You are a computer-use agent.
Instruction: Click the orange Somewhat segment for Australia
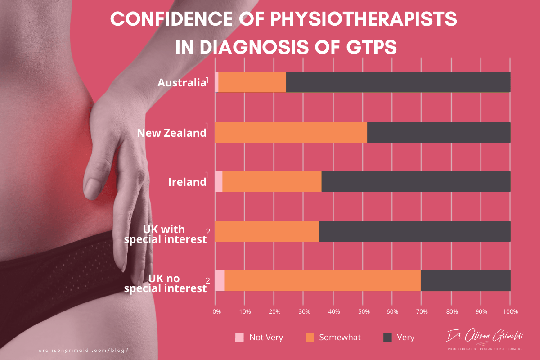pyautogui.click(x=252, y=82)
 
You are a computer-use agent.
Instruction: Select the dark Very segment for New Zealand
pyautogui.click(x=439, y=132)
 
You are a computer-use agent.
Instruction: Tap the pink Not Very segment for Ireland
pyautogui.click(x=219, y=182)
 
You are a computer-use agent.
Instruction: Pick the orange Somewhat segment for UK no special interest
pyautogui.click(x=322, y=281)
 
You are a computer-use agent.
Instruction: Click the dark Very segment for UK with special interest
pyautogui.click(x=414, y=231)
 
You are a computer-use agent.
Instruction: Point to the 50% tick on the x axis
pyautogui.click(x=363, y=311)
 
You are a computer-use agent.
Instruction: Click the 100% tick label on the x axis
pyautogui.click(x=510, y=311)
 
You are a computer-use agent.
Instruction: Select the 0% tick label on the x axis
pyautogui.click(x=216, y=311)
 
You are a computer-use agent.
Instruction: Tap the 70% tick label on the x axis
pyautogui.click(x=422, y=311)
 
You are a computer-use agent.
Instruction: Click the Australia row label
pyautogui.click(x=181, y=83)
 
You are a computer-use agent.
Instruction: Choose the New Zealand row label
pyautogui.click(x=171, y=133)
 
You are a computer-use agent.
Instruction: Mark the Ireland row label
pyautogui.click(x=187, y=182)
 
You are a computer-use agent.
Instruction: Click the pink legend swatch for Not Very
pyautogui.click(x=240, y=337)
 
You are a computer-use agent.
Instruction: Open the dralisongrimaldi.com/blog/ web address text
pyautogui.click(x=85, y=349)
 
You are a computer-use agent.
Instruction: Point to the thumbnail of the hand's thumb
pyautogui.click(x=93, y=185)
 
